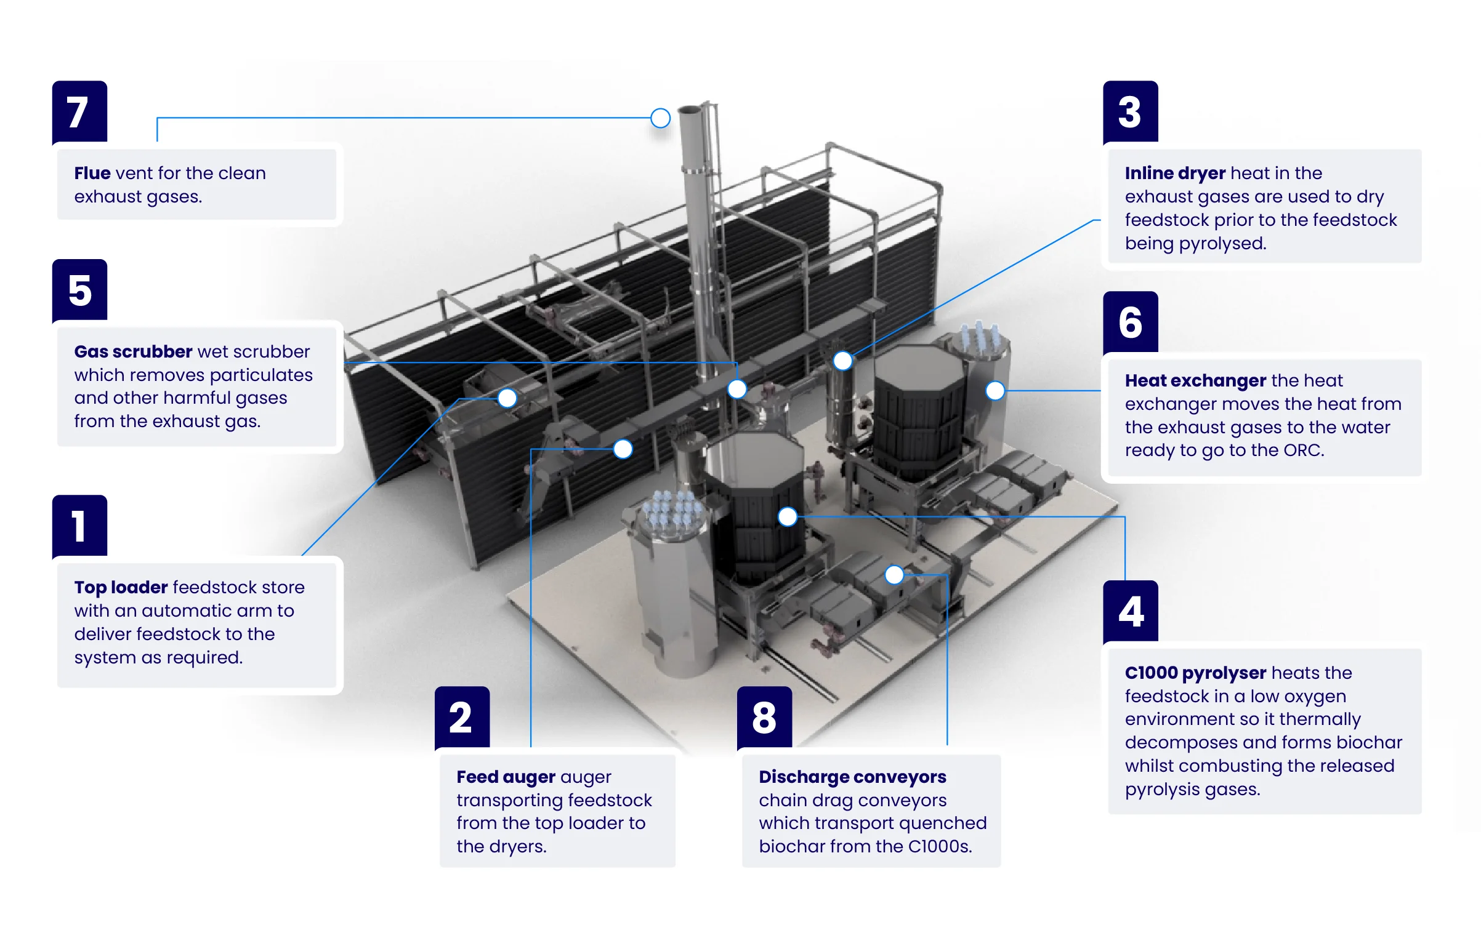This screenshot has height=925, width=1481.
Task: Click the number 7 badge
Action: pos(79,111)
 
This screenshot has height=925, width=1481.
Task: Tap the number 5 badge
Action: pos(79,290)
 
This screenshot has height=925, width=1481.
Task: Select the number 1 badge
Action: pos(79,526)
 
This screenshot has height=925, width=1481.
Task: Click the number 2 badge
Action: pos(462,717)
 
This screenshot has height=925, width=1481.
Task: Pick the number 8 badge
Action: pos(764,717)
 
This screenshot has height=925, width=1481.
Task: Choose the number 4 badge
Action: pos(1130,611)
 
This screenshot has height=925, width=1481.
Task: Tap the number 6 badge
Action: pos(1130,322)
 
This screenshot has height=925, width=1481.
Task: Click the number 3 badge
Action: pos(1130,111)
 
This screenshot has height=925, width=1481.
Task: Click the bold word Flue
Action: pos(92,173)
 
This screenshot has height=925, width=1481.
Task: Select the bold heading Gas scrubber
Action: pos(133,351)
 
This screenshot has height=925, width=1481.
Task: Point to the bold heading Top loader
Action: pos(121,587)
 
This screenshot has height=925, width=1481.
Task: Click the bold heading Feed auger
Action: pos(506,777)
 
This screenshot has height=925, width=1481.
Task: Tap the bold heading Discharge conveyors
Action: pos(852,777)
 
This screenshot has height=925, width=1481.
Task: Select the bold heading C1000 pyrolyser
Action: pos(1195,673)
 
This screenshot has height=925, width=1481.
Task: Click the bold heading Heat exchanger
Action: pos(1195,380)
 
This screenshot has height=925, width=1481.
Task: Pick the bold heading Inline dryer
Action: pos(1175,173)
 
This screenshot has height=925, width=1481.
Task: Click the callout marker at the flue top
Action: pos(660,118)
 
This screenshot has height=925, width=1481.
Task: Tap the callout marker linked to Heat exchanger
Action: pos(995,390)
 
